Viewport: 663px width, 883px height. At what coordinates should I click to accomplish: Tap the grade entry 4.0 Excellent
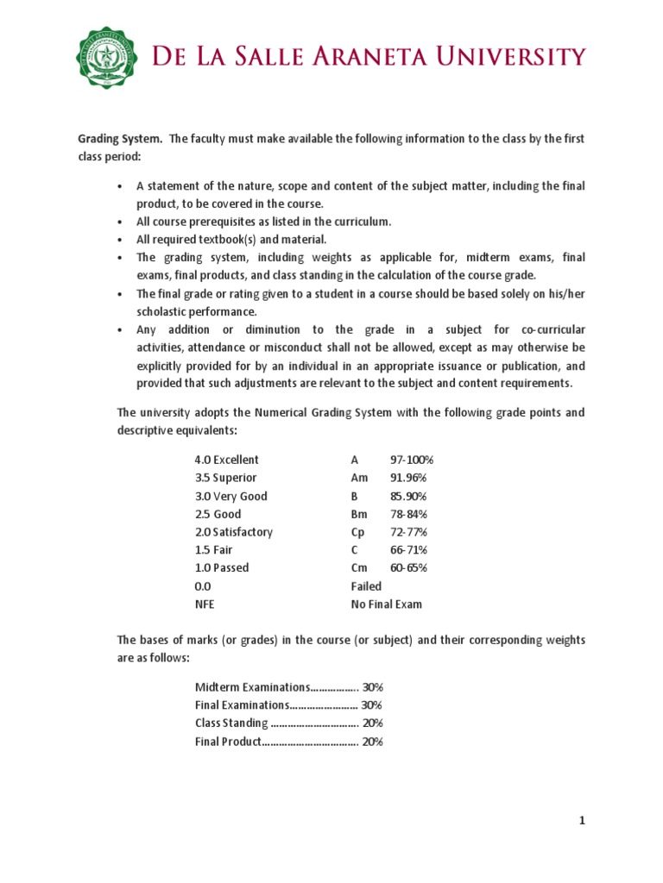point(227,460)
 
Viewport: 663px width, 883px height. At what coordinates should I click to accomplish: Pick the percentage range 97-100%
point(412,460)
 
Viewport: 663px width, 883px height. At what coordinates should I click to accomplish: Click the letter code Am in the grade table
point(360,478)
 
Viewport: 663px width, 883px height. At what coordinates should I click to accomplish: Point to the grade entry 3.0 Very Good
point(231,496)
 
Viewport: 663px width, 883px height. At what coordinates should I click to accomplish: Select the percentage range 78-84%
point(408,514)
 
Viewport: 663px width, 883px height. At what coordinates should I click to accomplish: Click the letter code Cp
point(358,532)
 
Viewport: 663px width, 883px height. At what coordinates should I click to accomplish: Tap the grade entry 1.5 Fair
point(214,550)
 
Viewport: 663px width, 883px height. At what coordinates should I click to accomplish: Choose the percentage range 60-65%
point(408,567)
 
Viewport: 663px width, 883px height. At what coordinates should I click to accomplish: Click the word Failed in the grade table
point(366,586)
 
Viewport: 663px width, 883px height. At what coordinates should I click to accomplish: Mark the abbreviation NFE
point(205,604)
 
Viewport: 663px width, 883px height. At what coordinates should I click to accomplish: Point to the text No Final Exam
point(387,604)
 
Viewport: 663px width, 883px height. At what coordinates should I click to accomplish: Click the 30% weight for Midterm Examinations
point(373,687)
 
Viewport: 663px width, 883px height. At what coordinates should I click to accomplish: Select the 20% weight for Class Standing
point(373,723)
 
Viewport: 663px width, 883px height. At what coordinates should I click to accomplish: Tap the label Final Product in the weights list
point(228,741)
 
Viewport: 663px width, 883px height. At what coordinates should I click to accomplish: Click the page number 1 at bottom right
point(583,822)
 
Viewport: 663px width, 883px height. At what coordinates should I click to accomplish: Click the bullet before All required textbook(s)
point(119,240)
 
